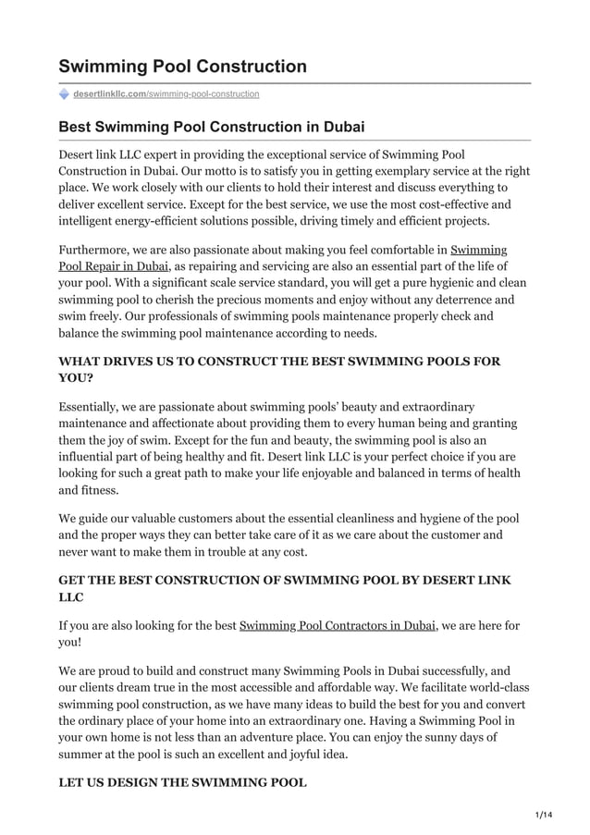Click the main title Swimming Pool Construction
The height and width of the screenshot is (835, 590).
coord(182,67)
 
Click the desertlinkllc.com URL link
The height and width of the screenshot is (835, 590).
coord(166,93)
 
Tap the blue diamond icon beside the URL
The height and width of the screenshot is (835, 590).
coord(64,93)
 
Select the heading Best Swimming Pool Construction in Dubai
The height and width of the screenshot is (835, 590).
coord(212,127)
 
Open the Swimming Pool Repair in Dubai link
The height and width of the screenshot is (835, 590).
coord(113,266)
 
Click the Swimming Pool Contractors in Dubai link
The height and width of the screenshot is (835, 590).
coord(338,626)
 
